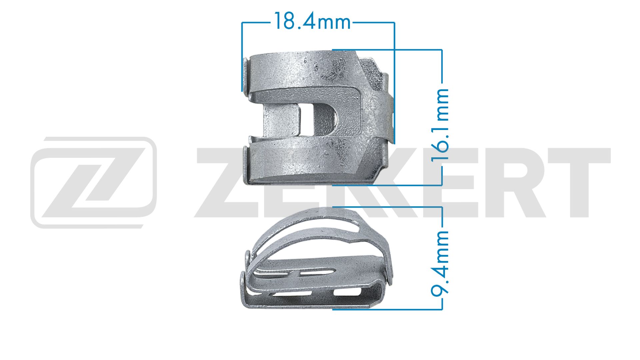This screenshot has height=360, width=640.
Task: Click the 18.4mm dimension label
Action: click(312, 22)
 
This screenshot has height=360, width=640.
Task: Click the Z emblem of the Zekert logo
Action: click(94, 182)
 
